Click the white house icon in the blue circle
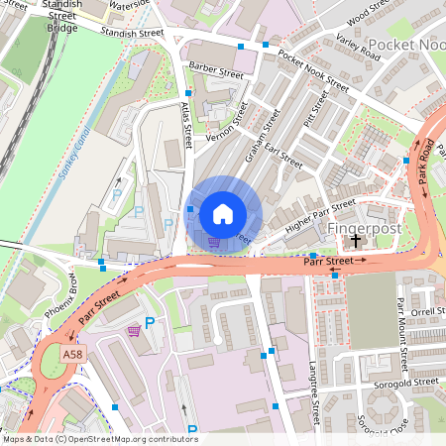(223, 213)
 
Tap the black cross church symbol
(356, 240)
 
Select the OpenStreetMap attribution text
(100, 438)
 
